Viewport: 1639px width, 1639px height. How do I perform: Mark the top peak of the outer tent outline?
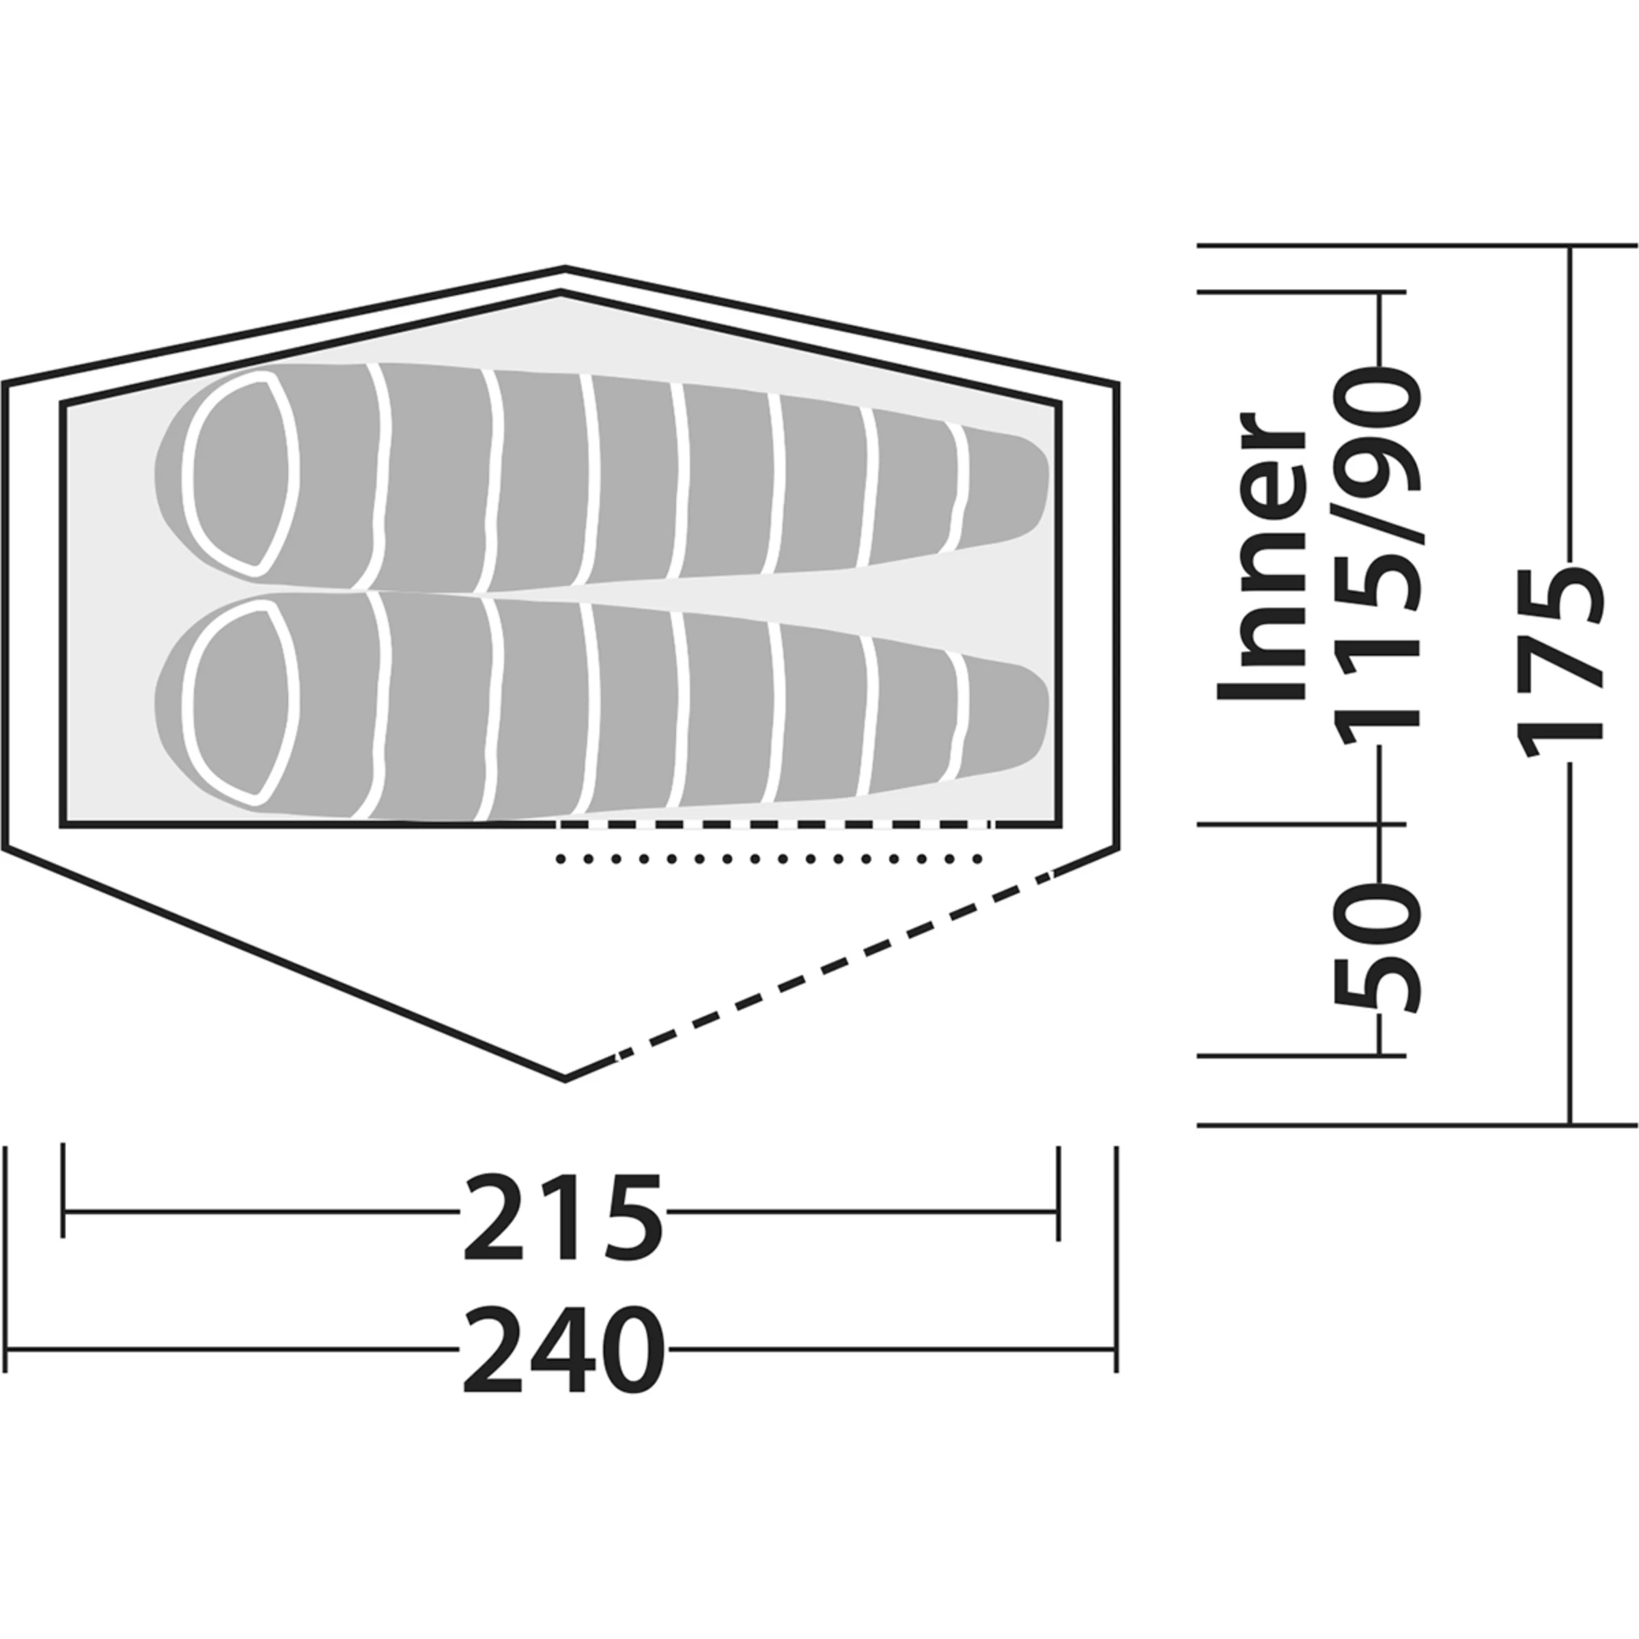[565, 269]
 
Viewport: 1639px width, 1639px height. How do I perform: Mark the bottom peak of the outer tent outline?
[565, 1078]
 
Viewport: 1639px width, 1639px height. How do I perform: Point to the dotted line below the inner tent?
[768, 859]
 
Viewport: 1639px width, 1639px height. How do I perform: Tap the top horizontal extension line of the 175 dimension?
[1417, 246]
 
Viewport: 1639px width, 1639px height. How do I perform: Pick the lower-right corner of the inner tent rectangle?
[1059, 823]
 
